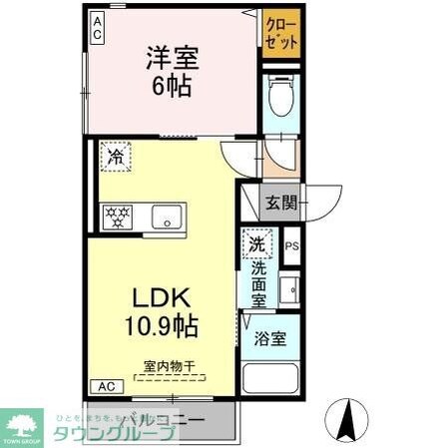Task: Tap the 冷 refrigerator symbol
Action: pyautogui.click(x=116, y=157)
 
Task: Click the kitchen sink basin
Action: pyautogui.click(x=165, y=214)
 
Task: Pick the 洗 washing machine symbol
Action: pyautogui.click(x=256, y=243)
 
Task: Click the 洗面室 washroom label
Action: pyautogui.click(x=257, y=282)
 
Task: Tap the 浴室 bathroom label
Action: pyautogui.click(x=270, y=337)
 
